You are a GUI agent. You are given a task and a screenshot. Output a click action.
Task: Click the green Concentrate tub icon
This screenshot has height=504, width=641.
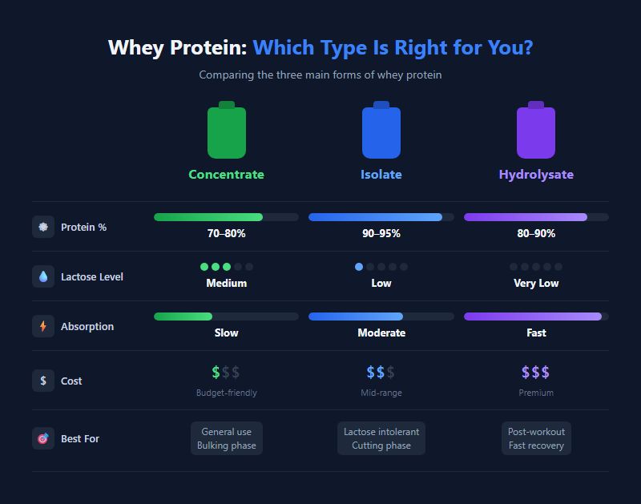coord(227,131)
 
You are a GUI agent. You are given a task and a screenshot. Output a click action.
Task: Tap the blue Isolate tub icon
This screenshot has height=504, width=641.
coord(381,131)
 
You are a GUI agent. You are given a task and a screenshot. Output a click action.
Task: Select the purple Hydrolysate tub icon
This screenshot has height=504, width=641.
coord(536,131)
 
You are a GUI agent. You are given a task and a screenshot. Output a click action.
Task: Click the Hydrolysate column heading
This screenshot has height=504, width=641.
coord(536,175)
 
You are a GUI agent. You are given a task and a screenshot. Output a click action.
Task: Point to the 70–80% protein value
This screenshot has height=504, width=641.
coord(226,234)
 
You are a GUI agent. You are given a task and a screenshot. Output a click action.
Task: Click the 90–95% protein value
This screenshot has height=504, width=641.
coord(381,234)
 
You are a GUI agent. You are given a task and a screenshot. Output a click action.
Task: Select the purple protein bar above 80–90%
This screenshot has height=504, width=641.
coord(526,217)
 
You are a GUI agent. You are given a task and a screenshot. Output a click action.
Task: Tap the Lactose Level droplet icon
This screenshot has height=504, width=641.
coord(43,276)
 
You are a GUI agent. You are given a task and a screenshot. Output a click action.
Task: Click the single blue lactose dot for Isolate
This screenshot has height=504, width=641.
coord(359,267)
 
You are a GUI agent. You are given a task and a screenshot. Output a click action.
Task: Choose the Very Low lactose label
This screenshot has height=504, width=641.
coord(536,284)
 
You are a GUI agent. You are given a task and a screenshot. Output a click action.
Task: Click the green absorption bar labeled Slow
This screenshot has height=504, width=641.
coord(183,317)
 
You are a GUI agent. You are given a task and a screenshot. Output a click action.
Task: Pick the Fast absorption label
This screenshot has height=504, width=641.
coord(536,333)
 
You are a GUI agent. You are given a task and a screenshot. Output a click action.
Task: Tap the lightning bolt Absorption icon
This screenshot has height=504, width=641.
coord(43,326)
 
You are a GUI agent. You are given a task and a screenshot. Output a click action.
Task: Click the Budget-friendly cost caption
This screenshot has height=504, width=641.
coord(227,393)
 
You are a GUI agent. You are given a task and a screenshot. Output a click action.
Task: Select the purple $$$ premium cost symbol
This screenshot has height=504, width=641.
coord(536,373)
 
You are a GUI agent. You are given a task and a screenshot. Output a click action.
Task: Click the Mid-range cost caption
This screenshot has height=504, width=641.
coord(381,393)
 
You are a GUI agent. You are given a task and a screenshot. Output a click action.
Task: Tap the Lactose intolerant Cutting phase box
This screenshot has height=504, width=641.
coord(381,438)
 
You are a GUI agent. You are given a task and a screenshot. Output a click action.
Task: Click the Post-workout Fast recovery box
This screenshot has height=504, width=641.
coord(536,438)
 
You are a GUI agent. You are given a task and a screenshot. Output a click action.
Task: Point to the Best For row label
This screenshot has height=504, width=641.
coord(80,439)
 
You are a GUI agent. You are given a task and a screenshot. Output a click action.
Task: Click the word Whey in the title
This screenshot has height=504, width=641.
coord(135,48)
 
